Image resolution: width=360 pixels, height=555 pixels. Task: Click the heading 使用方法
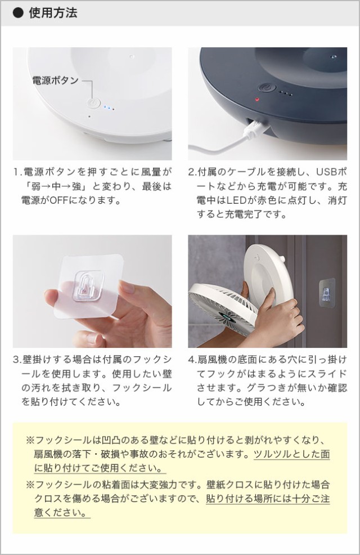[x=53, y=13]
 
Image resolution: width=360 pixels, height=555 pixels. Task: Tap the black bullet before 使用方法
[x=18, y=13]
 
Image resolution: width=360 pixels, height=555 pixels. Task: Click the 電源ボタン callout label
[x=56, y=80]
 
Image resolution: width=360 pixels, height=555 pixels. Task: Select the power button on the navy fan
[x=266, y=88]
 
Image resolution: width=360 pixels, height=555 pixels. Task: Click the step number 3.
[x=16, y=359]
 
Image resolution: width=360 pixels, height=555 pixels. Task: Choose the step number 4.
[x=191, y=359]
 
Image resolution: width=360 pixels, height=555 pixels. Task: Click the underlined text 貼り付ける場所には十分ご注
[x=268, y=498]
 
